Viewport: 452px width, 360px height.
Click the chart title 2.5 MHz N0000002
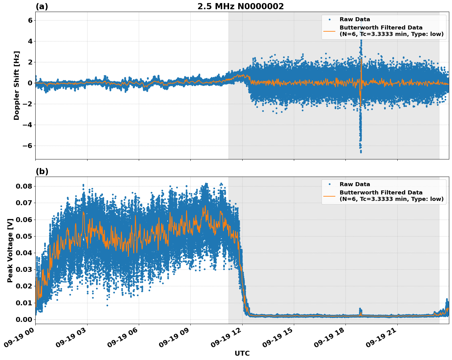[x=240, y=6]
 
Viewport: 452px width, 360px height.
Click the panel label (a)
[x=42, y=6]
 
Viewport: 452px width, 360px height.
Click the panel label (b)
[x=42, y=171]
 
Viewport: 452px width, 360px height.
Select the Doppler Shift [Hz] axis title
[x=17, y=85]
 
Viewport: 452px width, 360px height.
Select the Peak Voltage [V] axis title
[x=10, y=250]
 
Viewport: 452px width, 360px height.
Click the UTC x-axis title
[x=242, y=353]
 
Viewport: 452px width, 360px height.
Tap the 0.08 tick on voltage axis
[x=24, y=186]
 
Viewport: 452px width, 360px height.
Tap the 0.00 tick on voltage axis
[x=24, y=319]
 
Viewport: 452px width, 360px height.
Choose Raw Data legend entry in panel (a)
[x=355, y=19]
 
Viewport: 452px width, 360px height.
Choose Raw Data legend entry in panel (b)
[x=355, y=184]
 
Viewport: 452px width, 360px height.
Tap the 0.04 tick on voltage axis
[x=24, y=253]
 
